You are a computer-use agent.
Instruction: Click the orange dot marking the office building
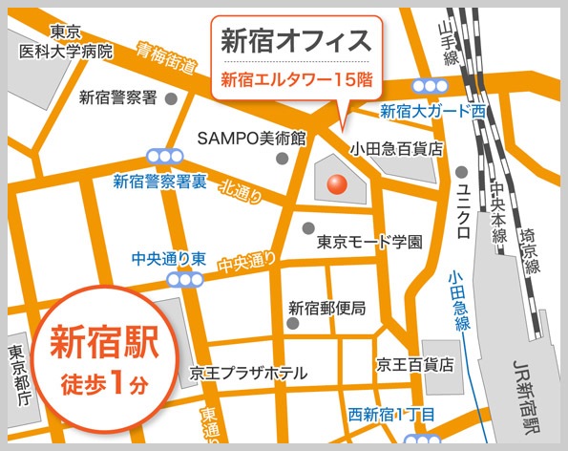339,183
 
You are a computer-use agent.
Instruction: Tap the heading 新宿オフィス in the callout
296,41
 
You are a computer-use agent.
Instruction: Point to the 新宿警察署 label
117,97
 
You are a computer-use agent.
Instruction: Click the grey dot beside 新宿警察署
172,97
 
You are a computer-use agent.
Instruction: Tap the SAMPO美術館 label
251,138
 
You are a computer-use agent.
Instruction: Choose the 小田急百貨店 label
396,148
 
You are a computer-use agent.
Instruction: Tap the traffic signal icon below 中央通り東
183,280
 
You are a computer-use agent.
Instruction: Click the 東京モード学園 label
369,242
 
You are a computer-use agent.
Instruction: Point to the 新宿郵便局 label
327,308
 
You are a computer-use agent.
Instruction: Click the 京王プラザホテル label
248,373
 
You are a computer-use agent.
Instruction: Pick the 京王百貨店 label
414,364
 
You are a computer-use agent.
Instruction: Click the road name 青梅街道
166,59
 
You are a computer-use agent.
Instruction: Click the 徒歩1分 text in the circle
104,384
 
